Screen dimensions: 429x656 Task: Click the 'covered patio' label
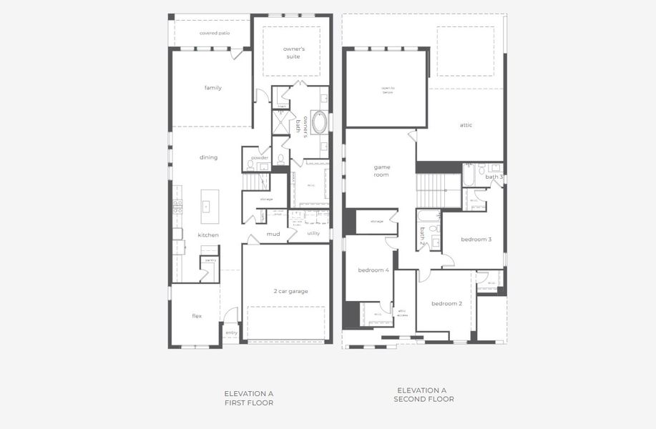point(215,33)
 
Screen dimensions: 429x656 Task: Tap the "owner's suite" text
point(294,52)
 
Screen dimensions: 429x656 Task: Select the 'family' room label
point(212,88)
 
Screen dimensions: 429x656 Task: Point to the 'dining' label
point(208,157)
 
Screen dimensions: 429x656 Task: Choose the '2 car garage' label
point(290,291)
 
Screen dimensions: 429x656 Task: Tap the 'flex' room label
point(197,315)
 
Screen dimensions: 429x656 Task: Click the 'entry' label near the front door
point(231,332)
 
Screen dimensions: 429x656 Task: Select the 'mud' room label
point(273,234)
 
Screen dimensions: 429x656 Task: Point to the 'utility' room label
point(313,233)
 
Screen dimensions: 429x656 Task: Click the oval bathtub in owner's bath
point(319,122)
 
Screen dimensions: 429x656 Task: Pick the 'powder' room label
point(260,157)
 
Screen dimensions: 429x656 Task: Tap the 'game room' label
point(381,170)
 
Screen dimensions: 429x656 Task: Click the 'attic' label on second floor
point(466,125)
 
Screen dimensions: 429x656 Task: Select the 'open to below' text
point(387,90)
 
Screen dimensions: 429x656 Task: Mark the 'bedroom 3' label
point(476,239)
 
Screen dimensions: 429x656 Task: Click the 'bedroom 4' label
point(373,270)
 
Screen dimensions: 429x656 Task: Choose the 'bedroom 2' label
point(446,303)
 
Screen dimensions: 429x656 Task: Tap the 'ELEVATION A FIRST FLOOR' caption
point(248,398)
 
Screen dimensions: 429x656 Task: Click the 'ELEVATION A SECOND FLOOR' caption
point(423,395)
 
